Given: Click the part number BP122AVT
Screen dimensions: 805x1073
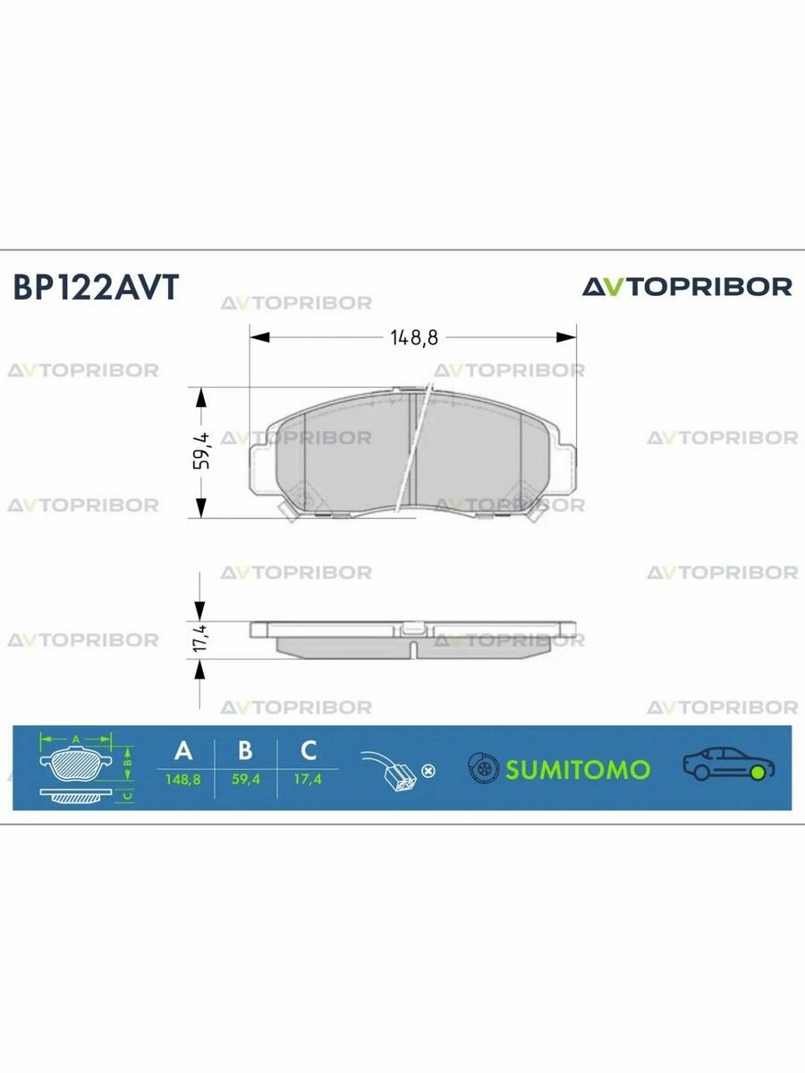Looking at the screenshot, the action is pos(96,288).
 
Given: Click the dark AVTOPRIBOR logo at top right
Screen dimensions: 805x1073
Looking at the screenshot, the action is pos(687,287).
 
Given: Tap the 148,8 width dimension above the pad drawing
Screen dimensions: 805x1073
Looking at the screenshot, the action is pos(412,337).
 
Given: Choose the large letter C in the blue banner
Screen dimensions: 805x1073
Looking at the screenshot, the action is pos(308,750).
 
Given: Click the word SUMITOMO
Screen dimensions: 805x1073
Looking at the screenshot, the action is pos(578,769).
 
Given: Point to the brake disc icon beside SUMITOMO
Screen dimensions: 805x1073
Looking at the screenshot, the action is pos(484,768).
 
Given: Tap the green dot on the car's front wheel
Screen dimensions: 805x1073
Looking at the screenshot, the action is pos(759,772).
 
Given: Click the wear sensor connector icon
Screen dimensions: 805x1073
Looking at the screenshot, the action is pos(390,770).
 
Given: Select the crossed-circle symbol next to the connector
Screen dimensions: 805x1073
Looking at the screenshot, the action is pos(428,770).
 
